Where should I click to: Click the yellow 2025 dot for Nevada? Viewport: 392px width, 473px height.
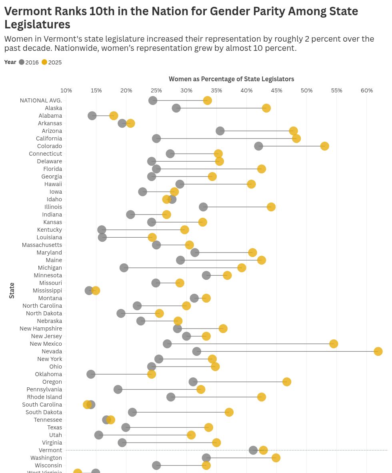(x=378, y=351)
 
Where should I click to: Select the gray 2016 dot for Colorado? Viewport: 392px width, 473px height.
(x=259, y=146)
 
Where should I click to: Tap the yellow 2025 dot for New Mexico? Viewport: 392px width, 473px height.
(x=334, y=344)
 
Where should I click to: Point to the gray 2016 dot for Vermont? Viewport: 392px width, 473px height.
(x=253, y=450)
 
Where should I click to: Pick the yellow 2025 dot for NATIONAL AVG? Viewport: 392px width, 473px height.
(x=207, y=100)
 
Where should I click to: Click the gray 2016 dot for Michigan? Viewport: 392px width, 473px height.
(x=124, y=268)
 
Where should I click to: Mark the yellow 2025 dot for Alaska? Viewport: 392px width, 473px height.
(x=266, y=108)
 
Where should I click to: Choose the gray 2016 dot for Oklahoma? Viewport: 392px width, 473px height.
(x=91, y=374)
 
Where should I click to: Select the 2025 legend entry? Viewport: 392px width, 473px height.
(x=52, y=62)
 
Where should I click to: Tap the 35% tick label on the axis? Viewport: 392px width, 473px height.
(x=216, y=90)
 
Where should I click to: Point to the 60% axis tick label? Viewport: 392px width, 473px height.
(x=367, y=90)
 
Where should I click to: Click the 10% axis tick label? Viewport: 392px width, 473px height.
(x=66, y=90)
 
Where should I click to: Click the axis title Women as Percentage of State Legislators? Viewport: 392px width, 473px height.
(x=231, y=79)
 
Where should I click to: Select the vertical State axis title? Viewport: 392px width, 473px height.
(x=12, y=291)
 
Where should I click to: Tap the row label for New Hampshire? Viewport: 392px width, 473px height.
(x=41, y=329)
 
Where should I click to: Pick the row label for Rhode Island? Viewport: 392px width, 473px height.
(x=44, y=397)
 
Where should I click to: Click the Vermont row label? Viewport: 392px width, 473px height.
(x=50, y=450)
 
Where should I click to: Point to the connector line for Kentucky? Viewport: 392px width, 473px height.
(x=143, y=230)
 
